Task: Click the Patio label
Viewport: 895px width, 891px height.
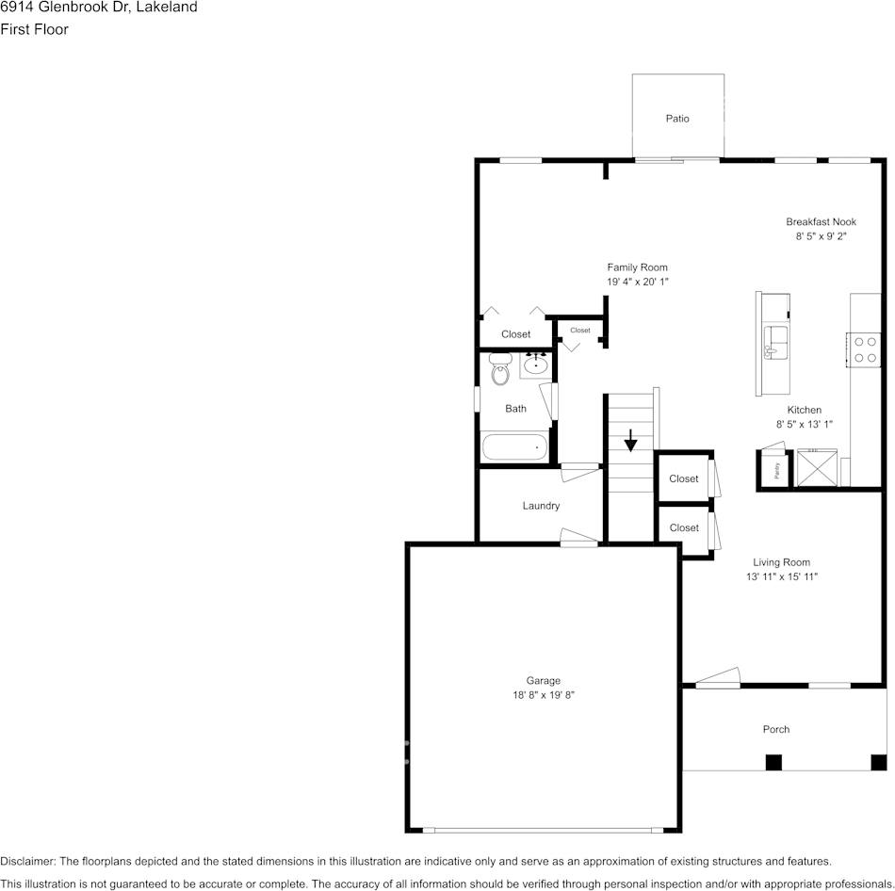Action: pos(677,119)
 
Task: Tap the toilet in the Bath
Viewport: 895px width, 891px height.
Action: pos(499,372)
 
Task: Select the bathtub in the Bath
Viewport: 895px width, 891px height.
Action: pos(515,447)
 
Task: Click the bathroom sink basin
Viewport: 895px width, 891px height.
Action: pos(538,364)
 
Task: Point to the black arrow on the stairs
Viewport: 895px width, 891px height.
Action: pos(630,440)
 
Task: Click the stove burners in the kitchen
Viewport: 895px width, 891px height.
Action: pos(865,349)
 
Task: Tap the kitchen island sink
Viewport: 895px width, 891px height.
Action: pos(775,341)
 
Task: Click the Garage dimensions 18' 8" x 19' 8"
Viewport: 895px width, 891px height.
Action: pos(544,695)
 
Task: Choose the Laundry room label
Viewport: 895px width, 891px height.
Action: pos(541,506)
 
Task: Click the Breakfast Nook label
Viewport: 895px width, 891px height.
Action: pos(822,221)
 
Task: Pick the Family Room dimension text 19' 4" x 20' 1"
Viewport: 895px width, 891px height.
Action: pos(637,282)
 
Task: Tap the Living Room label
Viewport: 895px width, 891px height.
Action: pos(781,562)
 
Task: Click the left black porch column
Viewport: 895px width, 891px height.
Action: pos(773,763)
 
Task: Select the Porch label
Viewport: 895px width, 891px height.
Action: pos(775,729)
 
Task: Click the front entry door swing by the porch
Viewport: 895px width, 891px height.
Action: pos(718,676)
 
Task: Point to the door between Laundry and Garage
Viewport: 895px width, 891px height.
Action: pos(578,538)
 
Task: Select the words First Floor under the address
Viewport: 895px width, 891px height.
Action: pos(34,29)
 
